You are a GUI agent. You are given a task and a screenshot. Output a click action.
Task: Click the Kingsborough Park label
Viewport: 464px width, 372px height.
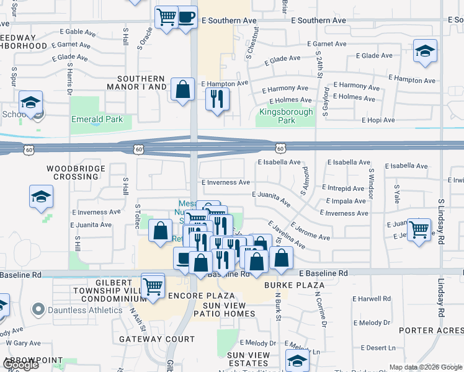click(x=277, y=117)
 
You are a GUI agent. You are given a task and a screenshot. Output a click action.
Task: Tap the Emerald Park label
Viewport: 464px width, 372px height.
click(x=97, y=119)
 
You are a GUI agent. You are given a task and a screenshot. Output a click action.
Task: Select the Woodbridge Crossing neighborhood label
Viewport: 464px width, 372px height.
click(x=73, y=172)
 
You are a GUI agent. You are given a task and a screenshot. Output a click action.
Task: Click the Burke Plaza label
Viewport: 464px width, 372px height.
click(x=286, y=285)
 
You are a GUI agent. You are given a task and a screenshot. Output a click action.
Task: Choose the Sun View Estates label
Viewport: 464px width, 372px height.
click(x=248, y=359)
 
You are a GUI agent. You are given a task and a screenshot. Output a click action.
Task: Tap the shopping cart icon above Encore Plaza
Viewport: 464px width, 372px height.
click(x=153, y=286)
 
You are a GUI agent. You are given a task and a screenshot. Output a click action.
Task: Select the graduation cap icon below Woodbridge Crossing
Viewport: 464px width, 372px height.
click(x=41, y=197)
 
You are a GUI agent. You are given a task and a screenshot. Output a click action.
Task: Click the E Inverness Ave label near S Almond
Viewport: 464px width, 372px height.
click(x=344, y=213)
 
